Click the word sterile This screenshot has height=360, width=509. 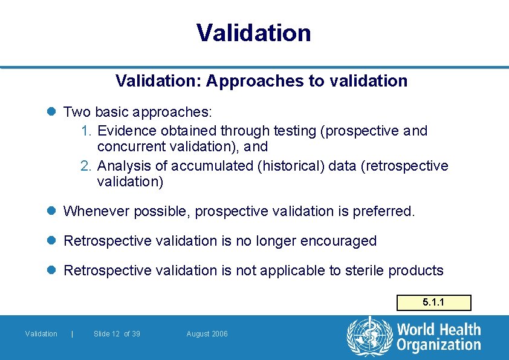pos(364,270)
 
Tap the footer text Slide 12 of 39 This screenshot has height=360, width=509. pos(117,334)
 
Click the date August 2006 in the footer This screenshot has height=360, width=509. pos(207,334)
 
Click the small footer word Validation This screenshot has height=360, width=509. pos(41,334)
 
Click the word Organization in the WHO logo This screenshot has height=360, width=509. pos(438,345)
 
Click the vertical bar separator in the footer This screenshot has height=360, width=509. pos(73,334)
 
